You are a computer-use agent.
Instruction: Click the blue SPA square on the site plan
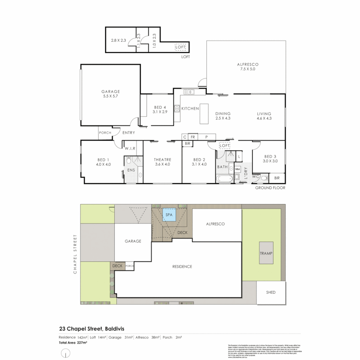(x=169, y=215)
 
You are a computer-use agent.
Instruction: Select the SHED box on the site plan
(x=271, y=293)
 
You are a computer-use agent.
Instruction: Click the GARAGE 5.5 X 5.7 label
(x=110, y=94)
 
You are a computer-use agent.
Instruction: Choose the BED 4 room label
(x=160, y=109)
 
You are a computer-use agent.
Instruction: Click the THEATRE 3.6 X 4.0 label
(x=162, y=162)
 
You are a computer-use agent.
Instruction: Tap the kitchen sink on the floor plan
(x=189, y=92)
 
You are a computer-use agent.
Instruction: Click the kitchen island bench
(x=204, y=114)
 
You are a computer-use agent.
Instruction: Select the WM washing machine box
(x=237, y=169)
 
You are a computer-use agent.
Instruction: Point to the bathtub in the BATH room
(x=224, y=179)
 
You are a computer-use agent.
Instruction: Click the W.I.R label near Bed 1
(x=130, y=149)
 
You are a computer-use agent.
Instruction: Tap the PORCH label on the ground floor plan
(x=105, y=133)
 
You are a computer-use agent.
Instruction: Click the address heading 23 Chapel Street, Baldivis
(x=87, y=328)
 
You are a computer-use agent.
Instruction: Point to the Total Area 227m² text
(x=73, y=342)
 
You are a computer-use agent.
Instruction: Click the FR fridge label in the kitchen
(x=192, y=137)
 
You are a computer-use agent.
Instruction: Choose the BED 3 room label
(x=271, y=159)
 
